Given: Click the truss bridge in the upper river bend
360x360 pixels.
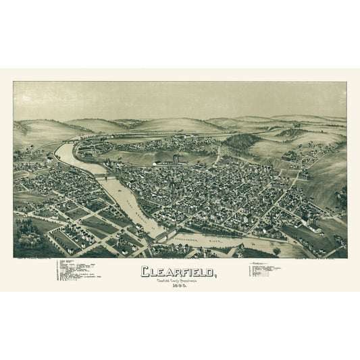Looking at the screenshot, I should point(103,176).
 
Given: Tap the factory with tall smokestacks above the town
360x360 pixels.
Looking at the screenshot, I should point(174,161).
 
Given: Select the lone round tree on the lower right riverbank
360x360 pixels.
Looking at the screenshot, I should point(276,250).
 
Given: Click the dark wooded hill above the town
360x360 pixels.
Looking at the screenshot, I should point(242,140).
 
